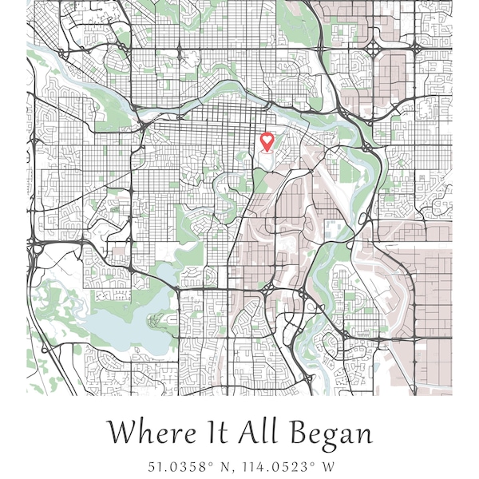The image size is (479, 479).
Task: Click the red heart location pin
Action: pos(267,142)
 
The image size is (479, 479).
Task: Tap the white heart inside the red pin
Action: pos(267,140)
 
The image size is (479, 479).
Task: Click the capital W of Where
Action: pos(120,433)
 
